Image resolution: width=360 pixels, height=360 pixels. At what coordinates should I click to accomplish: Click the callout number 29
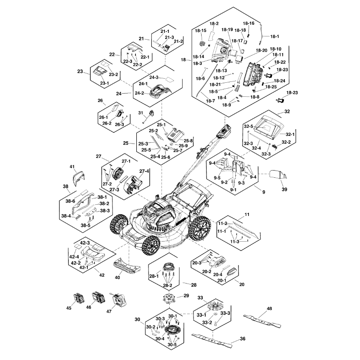coord(186,296)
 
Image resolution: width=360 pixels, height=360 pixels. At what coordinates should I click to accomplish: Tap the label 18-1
coord(274,36)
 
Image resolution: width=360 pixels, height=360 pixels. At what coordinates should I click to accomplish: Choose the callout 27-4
coord(144,171)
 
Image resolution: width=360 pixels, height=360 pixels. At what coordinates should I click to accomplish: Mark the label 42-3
coord(85,243)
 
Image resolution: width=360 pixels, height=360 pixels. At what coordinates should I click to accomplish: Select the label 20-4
coord(217,274)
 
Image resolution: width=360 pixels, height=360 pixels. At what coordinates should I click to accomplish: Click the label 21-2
coord(178,41)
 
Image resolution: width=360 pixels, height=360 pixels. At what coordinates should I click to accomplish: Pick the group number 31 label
coord(140,112)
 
